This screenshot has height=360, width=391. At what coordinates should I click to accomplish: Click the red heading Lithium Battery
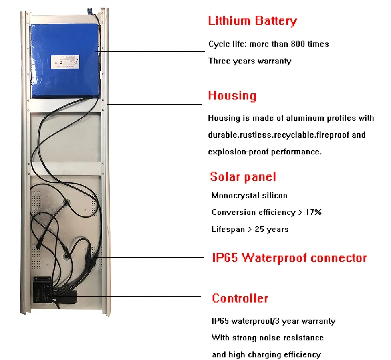pos(252,21)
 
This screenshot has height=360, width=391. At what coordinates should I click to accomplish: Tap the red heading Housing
pos(232,96)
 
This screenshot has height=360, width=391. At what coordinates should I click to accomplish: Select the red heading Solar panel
pos(243,177)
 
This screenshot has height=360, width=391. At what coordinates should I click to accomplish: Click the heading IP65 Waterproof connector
pos(289,257)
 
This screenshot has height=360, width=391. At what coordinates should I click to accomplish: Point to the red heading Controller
pos(240,298)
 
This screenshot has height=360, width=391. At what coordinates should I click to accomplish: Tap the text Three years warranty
pos(250,61)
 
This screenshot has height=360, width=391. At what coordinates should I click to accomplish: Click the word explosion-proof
pos(238,152)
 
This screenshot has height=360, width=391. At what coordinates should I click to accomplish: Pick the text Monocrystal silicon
pos(249,196)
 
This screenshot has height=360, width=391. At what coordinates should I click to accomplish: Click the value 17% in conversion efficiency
pos(313,212)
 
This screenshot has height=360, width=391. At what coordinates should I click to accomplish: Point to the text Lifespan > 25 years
pos(250,229)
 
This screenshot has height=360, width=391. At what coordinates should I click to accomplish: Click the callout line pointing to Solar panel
pos(156,190)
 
